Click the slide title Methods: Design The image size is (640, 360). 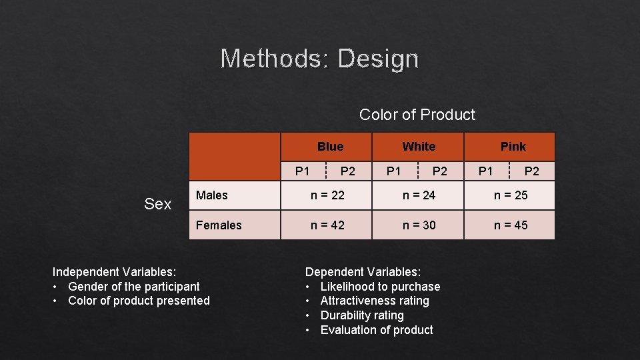pos(319,59)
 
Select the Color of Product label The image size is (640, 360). pos(417,115)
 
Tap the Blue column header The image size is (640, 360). pos(330,147)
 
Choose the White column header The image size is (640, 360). pos(419,147)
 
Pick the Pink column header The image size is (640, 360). pos(513,147)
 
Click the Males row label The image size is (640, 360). pos(212,195)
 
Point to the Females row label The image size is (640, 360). pos(219,225)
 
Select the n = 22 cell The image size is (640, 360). pos(327,195)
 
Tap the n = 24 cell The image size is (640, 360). pos(419,195)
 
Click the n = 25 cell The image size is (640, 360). pos(510,195)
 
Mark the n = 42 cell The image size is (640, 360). pos(327,225)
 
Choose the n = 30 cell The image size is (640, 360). pos(419,225)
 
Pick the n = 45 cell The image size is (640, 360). pos(510,225)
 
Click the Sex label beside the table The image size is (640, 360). pos(158,204)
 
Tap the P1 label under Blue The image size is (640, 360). pos(303,171)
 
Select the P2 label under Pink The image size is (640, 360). pos(531,171)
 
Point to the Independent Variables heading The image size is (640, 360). pos(114,272)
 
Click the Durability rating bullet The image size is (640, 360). pos(362,315)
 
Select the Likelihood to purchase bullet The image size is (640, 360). pos(380,287)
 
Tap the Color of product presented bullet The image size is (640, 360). pos(139,301)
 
